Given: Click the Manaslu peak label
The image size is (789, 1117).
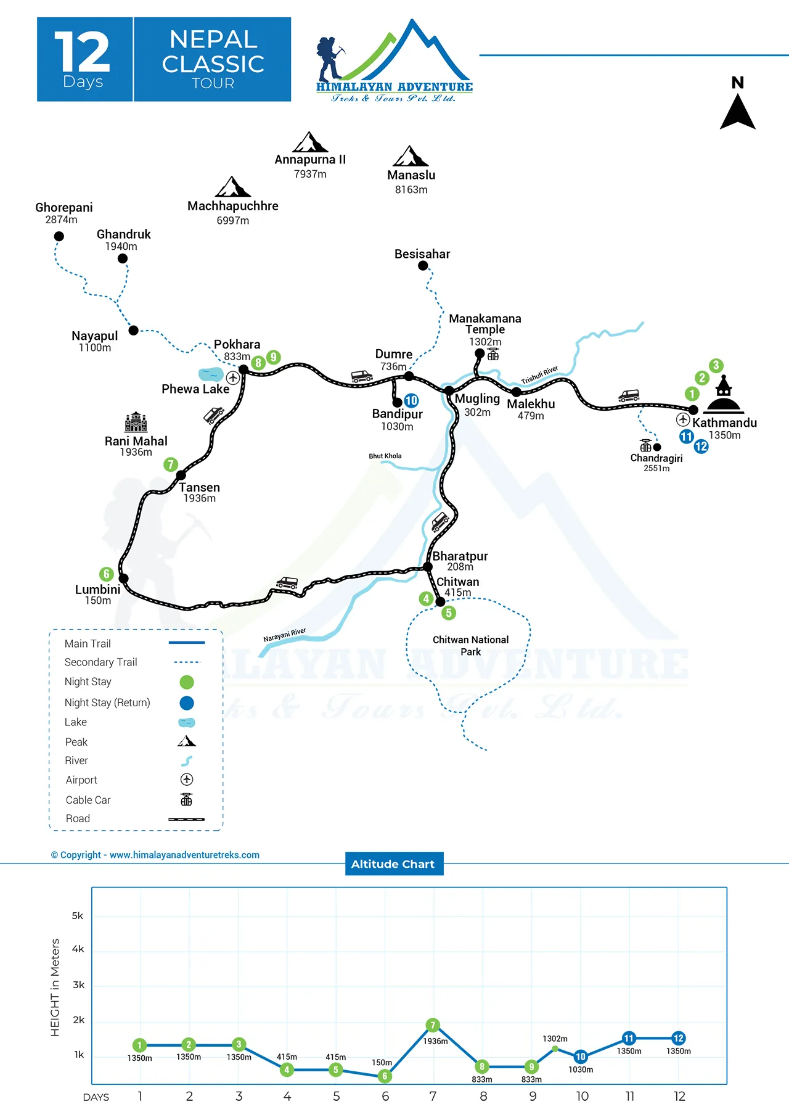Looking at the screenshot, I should point(411,175).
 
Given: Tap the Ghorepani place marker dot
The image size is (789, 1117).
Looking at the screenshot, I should point(59,236).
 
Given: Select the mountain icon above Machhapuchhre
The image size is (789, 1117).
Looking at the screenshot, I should point(232,187).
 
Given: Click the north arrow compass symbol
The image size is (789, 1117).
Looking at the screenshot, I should point(738,111).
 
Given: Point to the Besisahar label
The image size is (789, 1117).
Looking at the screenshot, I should point(422,254).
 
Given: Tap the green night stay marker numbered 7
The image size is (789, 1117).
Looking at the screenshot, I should point(171,464).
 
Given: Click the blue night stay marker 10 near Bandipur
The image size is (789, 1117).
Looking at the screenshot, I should point(411,400).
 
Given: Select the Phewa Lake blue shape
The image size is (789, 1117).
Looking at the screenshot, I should point(211,374).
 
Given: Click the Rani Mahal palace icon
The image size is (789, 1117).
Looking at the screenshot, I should point(136,422).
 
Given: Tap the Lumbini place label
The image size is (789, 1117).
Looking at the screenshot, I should point(97,590).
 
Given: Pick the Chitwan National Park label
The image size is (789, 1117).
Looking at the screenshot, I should point(470,646).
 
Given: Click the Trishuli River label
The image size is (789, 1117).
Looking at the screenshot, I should point(539,375).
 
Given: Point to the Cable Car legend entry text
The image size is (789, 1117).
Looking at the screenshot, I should point(88,800).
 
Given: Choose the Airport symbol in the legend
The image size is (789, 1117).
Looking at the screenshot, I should point(187,780).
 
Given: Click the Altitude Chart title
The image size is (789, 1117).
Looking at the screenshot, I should point(393,864).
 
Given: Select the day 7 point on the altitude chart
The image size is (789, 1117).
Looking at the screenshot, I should point(433,1025).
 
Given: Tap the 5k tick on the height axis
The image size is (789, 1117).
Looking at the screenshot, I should point(78,916).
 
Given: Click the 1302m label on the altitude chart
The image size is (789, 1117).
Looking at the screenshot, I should point(555,1039).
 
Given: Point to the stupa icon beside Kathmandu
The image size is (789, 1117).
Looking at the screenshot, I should point(724,395).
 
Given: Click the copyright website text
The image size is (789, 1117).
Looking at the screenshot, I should point(155,855).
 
